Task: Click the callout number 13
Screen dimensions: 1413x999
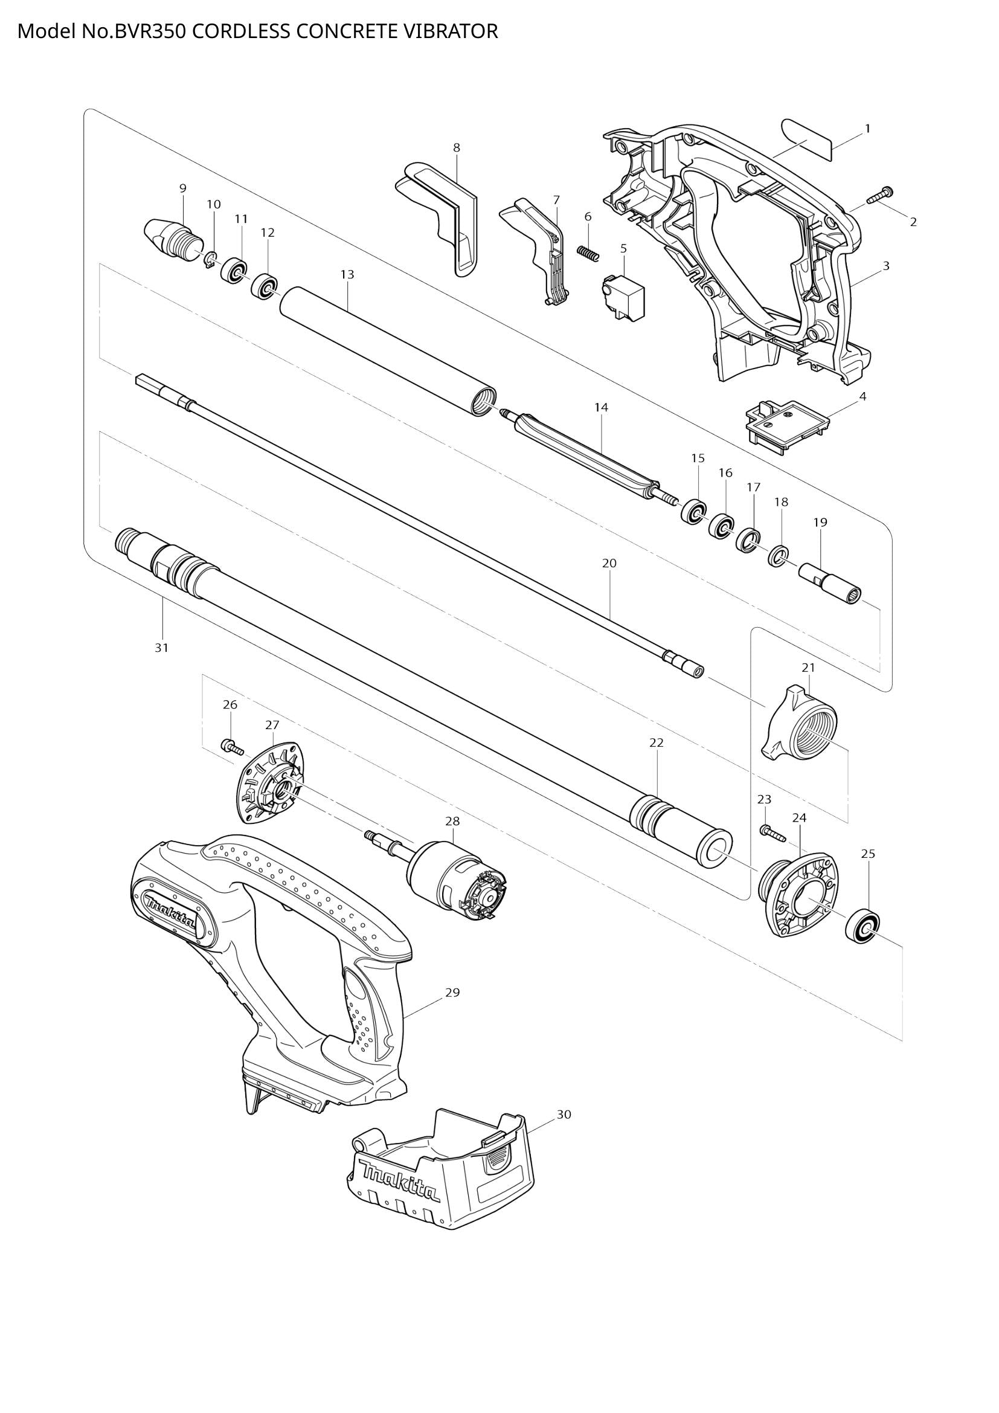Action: pos(347,274)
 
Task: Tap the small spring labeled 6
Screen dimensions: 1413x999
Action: pos(588,253)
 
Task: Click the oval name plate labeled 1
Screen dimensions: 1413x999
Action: pos(806,140)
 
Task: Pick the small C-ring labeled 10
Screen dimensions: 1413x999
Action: pos(210,260)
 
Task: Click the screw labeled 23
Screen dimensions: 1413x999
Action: pos(772,833)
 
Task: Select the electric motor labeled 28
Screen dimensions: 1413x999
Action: pos(455,883)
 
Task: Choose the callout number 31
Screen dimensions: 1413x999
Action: pos(161,648)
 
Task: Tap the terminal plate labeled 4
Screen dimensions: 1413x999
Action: pos(786,425)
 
